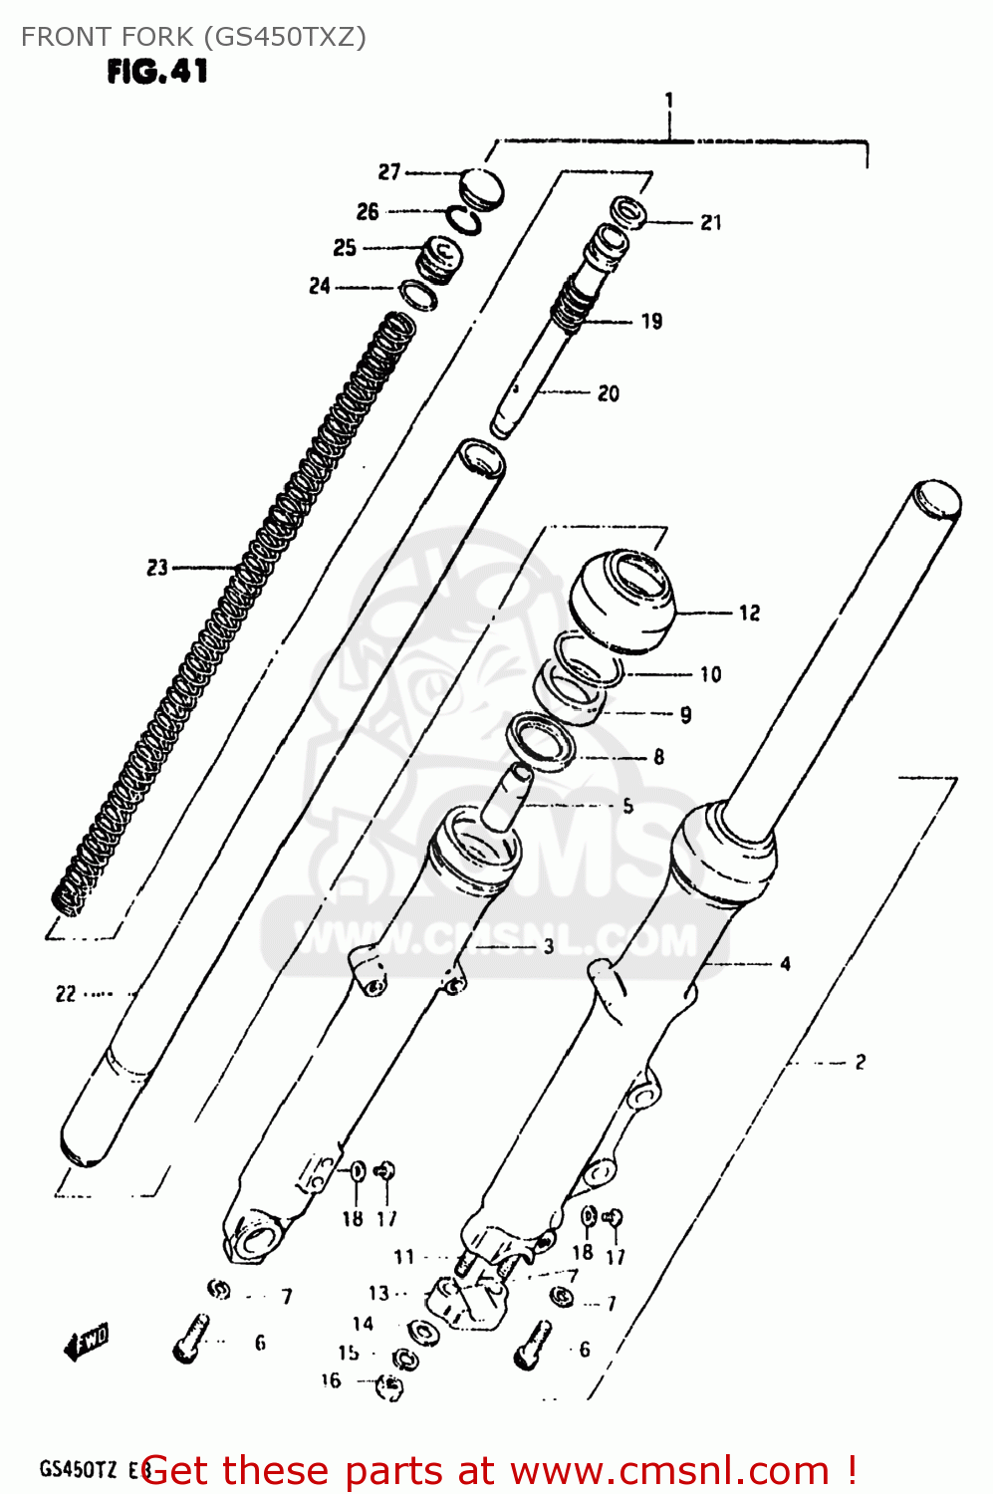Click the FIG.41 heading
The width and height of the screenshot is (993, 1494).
[x=157, y=71]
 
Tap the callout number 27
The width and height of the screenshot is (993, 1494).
[x=388, y=172]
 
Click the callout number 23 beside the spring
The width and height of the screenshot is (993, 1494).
[x=157, y=568]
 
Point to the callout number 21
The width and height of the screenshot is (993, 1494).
[x=710, y=223]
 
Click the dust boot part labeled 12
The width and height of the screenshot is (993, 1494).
[x=621, y=601]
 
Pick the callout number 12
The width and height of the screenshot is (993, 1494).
[x=749, y=614]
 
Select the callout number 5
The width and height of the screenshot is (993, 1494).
[x=627, y=806]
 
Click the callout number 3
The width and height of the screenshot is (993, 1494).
[x=548, y=946]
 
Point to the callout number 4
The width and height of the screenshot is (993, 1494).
[x=785, y=964]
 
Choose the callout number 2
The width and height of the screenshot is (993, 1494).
[x=860, y=1063]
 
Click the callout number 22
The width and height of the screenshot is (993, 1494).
[x=66, y=994]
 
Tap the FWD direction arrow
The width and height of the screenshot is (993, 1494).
[x=87, y=1342]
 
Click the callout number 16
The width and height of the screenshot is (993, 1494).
[x=331, y=1380]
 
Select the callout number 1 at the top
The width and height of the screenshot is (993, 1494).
[x=669, y=101]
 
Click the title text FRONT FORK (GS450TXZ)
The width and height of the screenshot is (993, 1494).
[x=193, y=37]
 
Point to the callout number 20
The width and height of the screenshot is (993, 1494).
[x=608, y=393]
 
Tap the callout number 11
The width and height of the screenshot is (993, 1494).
[x=403, y=1257]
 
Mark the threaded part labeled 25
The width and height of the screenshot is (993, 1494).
[x=438, y=259]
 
